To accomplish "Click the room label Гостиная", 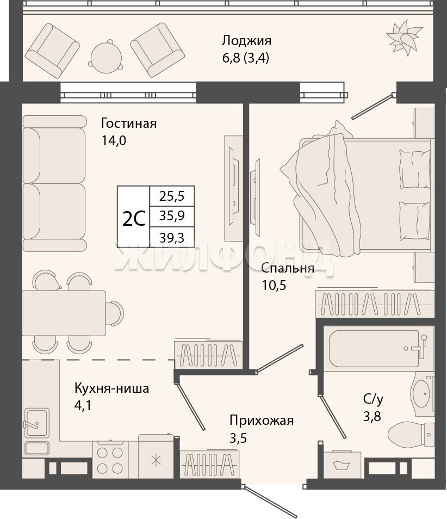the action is pyautogui.click(x=129, y=123).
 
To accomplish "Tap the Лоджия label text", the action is pyautogui.click(x=246, y=41).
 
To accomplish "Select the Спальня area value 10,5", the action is pyautogui.click(x=274, y=285).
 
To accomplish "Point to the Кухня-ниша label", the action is pyautogui.click(x=112, y=388).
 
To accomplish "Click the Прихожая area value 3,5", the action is pyautogui.click(x=238, y=438).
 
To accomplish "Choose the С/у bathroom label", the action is pyautogui.click(x=373, y=399).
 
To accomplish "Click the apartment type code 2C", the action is pyautogui.click(x=134, y=219).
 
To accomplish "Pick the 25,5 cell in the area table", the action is pyautogui.click(x=172, y=196).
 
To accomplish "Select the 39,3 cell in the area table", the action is pyautogui.click(x=172, y=237).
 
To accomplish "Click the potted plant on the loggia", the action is pyautogui.click(x=404, y=37).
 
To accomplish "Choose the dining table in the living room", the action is pyautogui.click(x=64, y=313).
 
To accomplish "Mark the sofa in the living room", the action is pyautogui.click(x=54, y=183).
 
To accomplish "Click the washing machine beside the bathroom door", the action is pyautogui.click(x=342, y=465).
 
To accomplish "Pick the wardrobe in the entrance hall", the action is pyautogui.click(x=209, y=464).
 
